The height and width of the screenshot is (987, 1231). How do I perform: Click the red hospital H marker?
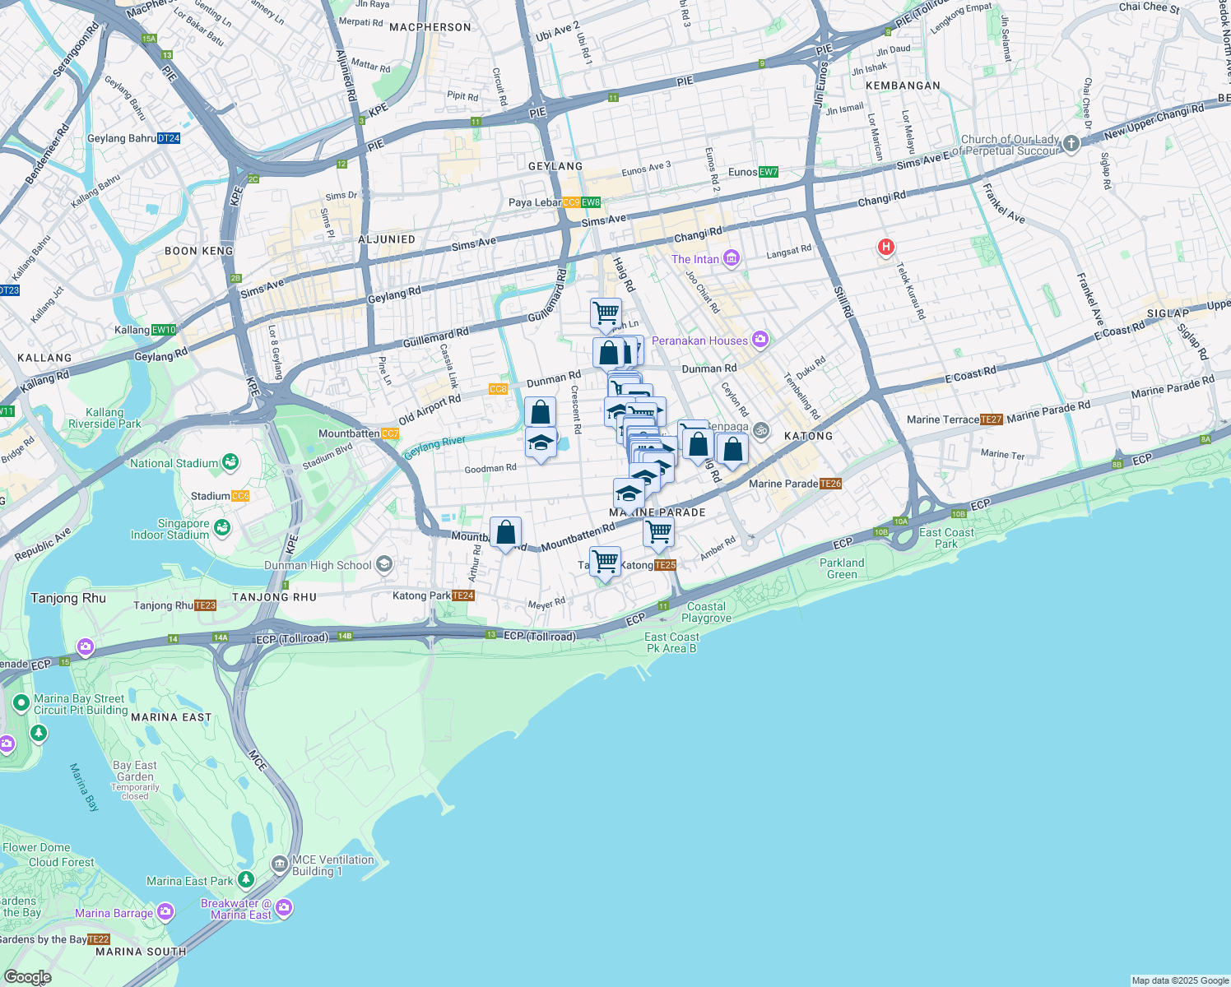885,247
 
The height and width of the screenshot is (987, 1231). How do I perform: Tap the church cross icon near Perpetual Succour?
1071,144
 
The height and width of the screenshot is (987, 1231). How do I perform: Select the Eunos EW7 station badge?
768,172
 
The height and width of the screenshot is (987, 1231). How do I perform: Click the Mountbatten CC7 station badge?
390,433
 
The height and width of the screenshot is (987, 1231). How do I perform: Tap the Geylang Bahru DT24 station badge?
168,138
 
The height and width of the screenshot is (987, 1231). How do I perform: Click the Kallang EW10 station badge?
164,330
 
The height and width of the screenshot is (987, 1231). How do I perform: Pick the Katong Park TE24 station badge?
463,595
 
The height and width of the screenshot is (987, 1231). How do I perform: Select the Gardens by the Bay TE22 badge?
98,939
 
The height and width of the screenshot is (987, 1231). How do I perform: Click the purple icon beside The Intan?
732,258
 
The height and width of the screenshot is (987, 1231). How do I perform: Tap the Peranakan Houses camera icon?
760,339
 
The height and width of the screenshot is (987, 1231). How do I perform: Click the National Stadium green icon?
230,463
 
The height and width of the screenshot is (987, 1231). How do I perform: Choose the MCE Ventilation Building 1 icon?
280,864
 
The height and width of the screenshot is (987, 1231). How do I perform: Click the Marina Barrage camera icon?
165,912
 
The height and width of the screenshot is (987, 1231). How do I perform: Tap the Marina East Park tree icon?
245,880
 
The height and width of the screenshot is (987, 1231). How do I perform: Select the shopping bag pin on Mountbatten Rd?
505,533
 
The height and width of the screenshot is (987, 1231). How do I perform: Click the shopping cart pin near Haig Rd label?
606,313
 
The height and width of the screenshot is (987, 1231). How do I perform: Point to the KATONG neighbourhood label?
808,436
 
